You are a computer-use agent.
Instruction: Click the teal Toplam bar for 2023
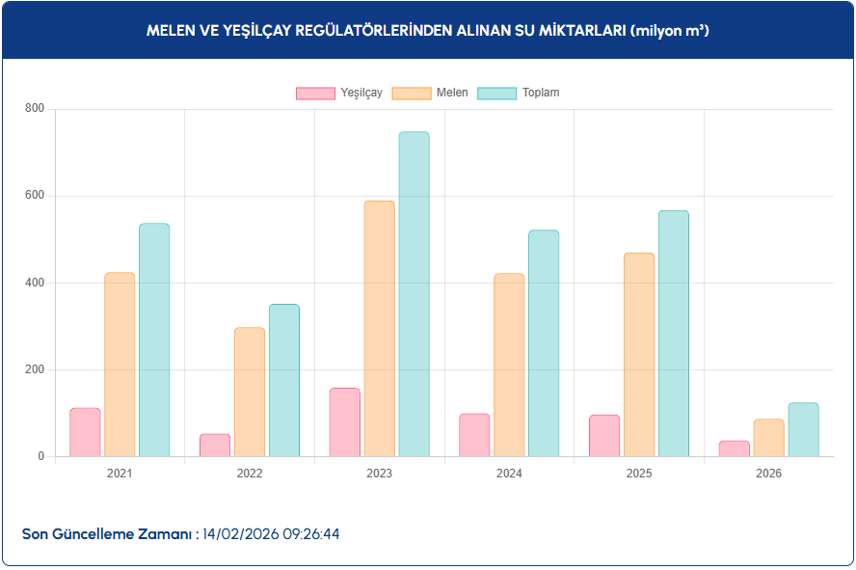414,294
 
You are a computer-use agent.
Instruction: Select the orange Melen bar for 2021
120,365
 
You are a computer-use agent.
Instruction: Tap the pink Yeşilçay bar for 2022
215,446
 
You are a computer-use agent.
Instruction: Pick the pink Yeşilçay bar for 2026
734,448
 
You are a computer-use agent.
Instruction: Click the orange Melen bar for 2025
639,355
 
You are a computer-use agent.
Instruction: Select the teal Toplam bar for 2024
544,343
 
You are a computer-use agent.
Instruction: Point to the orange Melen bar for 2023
380,329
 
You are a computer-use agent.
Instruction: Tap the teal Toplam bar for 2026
803,430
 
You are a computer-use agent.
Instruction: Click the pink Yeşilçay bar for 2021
85,432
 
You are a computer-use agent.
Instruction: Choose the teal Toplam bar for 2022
284,381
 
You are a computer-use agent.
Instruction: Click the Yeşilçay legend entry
339,94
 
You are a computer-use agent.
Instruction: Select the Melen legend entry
431,94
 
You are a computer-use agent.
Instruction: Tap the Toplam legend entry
519,94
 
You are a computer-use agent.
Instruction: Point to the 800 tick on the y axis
35,109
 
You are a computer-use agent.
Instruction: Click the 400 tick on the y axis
35,283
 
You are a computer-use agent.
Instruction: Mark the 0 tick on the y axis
41,456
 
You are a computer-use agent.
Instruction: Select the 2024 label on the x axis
509,474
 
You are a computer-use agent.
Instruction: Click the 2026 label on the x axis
768,474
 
